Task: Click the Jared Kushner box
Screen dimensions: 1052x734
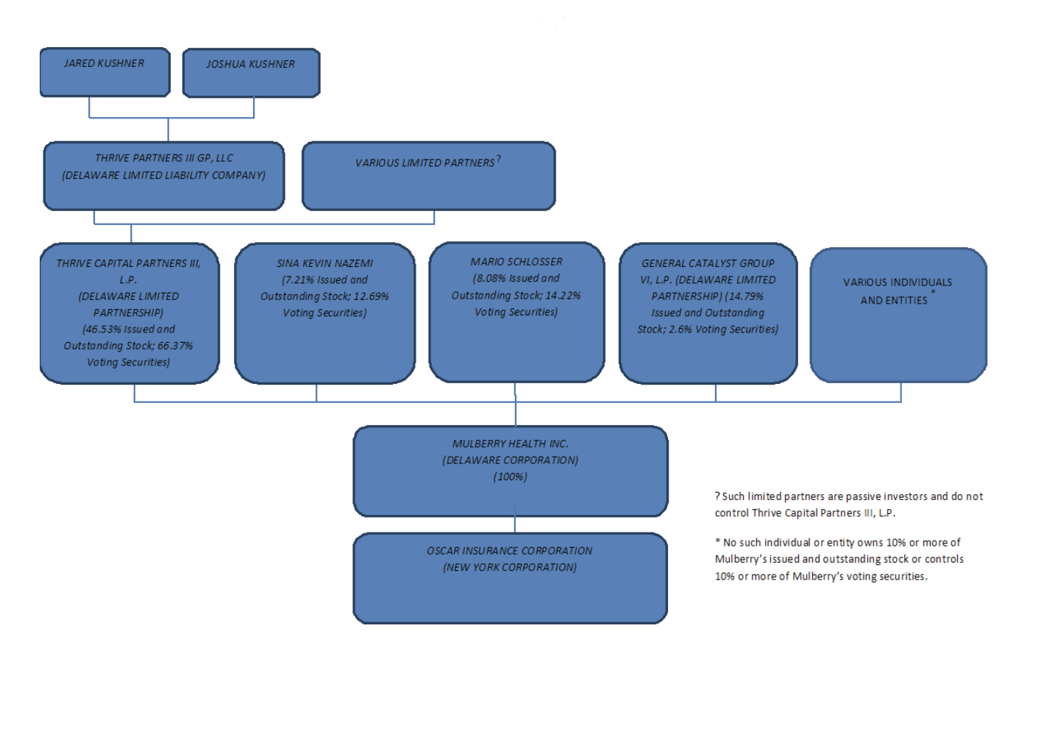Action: tap(105, 72)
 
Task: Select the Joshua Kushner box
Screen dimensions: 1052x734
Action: tap(252, 73)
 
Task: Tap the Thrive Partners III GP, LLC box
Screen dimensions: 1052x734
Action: tap(164, 176)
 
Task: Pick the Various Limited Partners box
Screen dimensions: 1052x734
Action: tap(429, 176)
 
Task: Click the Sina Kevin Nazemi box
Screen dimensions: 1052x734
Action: tap(325, 313)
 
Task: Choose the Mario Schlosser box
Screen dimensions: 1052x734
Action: tap(516, 313)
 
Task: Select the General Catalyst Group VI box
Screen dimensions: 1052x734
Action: tap(708, 313)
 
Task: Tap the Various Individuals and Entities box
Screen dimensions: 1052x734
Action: tap(898, 315)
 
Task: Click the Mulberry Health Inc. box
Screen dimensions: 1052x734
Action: tap(511, 471)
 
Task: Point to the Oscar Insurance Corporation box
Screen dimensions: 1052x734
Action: tap(511, 578)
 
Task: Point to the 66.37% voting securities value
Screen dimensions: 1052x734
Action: tap(175, 346)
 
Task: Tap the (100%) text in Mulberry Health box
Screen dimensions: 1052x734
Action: tap(511, 477)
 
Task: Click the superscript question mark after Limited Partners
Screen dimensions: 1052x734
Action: tap(499, 159)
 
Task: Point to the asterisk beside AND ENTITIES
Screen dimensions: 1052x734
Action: tap(933, 293)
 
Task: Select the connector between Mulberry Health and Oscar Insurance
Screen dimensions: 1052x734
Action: tap(515, 524)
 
